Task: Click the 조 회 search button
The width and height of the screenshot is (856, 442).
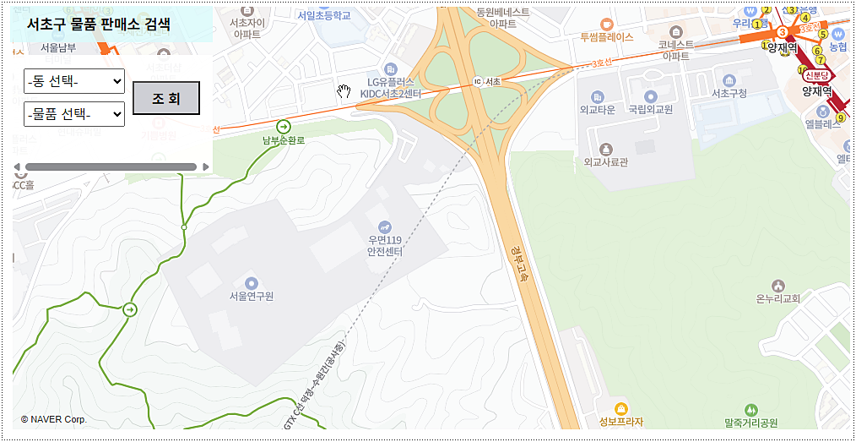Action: (166, 98)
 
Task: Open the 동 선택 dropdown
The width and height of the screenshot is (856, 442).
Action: (74, 81)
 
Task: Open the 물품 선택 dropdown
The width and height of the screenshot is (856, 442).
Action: (74, 113)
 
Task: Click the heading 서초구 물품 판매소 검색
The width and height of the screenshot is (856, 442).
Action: (98, 25)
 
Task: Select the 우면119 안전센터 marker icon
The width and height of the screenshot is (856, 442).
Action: (385, 226)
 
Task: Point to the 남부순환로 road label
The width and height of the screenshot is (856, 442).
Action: (284, 139)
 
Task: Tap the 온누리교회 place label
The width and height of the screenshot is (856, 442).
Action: (778, 298)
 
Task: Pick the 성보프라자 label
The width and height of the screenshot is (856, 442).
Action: (620, 422)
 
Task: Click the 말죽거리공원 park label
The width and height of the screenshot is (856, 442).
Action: (750, 422)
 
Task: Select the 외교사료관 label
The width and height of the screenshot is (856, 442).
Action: (605, 161)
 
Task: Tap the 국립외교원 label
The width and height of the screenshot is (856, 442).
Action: (650, 110)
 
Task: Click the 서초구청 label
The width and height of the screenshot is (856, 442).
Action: (729, 93)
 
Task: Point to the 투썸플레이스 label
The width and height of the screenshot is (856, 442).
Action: (606, 38)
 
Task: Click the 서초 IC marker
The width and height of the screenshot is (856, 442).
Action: (478, 81)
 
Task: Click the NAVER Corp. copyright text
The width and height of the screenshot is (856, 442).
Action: (54, 419)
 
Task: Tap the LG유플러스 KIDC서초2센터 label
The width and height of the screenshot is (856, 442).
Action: (390, 86)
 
